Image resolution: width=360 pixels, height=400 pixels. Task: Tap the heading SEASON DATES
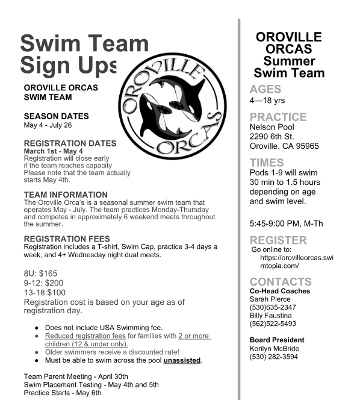[x=56, y=116]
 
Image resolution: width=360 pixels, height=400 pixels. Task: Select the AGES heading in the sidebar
[x=265, y=90]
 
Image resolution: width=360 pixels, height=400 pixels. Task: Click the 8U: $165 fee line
[x=40, y=273]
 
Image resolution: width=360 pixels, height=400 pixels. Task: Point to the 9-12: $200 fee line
[x=43, y=283]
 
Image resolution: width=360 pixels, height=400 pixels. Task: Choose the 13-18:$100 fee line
[x=45, y=293]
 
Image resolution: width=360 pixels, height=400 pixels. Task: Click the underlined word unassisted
[x=182, y=360]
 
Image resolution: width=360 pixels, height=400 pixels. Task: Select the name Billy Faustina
[x=271, y=316]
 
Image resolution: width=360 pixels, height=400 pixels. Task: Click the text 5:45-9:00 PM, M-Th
[x=286, y=223]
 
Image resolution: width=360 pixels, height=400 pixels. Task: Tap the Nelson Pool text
[x=272, y=127]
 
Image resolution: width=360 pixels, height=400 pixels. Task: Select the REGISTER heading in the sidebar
[x=278, y=240]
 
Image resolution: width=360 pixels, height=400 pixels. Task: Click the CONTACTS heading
[x=281, y=281]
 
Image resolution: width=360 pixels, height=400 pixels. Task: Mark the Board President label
[x=277, y=340]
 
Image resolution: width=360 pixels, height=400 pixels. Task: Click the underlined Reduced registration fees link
[x=85, y=336]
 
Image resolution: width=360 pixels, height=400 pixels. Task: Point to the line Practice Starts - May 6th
[x=63, y=393]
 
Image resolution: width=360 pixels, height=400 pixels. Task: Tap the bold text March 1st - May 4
[x=53, y=151]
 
